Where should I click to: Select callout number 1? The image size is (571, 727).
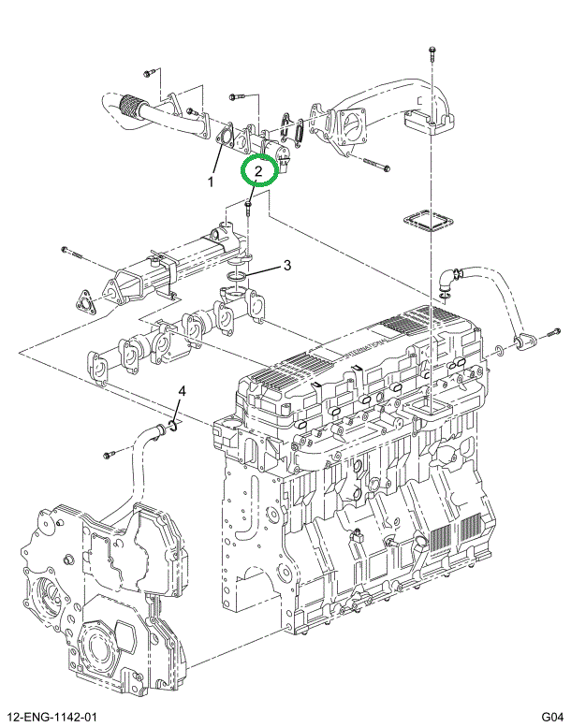tap(212, 181)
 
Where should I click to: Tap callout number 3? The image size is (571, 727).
tap(287, 265)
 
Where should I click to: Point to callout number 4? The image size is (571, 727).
tap(183, 390)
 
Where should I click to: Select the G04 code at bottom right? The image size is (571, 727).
tap(551, 717)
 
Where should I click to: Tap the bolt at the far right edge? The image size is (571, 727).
tap(549, 333)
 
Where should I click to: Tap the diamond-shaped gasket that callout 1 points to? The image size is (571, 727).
tap(226, 141)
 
